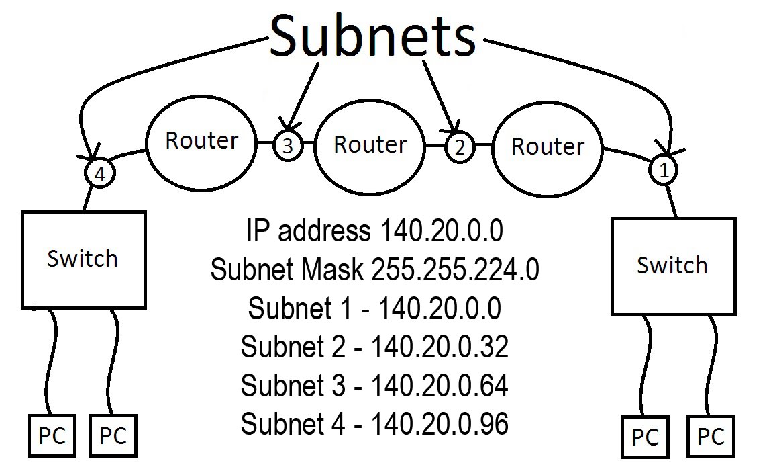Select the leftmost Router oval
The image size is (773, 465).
(201, 141)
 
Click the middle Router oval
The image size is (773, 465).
(370, 144)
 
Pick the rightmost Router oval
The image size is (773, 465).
(548, 146)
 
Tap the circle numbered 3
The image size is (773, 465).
(287, 146)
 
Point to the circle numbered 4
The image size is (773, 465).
(100, 175)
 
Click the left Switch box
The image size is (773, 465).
(84, 259)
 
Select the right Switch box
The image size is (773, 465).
(672, 265)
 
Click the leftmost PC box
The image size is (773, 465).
(52, 436)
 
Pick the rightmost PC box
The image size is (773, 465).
(711, 437)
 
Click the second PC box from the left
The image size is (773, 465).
(113, 436)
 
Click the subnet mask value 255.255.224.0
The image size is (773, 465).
(455, 270)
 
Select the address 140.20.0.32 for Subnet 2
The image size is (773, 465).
(440, 347)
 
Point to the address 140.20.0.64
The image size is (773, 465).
(440, 386)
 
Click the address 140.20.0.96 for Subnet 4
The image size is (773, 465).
(440, 424)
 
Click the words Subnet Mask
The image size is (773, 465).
(287, 270)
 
